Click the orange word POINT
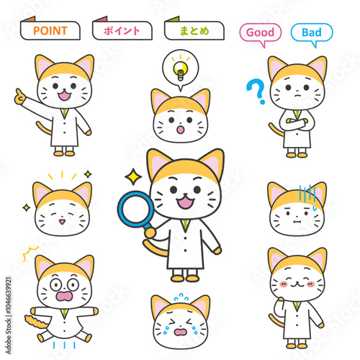pos(50,31)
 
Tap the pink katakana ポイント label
pos(122,31)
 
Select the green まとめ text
pos(194,31)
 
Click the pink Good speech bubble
pos(261,35)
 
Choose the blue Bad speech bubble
pos(312,35)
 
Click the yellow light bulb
pos(181,70)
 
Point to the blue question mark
pos(256,91)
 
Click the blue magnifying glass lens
pos(136,209)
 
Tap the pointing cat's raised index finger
pos(19,93)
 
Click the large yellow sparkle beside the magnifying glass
pos(133,177)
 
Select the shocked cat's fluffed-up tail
pos(36,322)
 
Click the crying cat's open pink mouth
pos(181,333)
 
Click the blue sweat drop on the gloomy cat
pos(315,208)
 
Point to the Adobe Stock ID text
pos(9,315)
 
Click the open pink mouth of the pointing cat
pos(64,96)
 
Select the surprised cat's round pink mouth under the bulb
pos(181,130)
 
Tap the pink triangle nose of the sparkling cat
pos(62,222)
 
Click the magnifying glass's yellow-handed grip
pos(150,233)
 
